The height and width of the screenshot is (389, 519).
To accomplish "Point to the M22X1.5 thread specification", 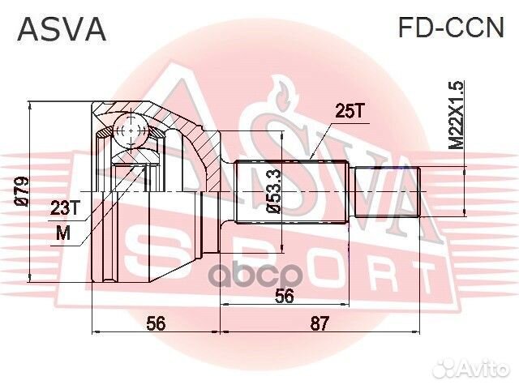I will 457,113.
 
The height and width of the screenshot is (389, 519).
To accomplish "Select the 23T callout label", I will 66,207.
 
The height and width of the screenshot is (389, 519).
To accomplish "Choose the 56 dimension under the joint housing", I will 156,324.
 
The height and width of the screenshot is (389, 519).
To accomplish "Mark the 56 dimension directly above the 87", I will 283,297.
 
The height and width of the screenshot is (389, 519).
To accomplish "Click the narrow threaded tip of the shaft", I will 389,191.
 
